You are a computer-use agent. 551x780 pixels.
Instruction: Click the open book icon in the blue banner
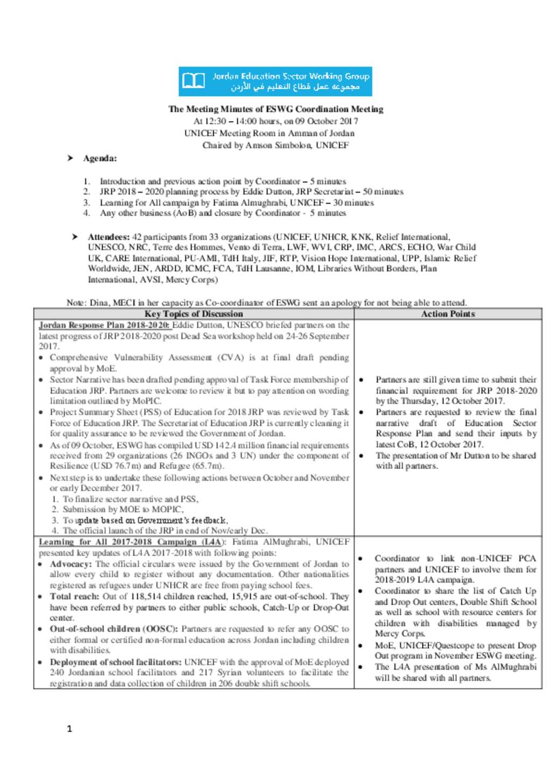pos(194,81)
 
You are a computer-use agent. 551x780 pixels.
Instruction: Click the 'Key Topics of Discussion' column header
pos(194,314)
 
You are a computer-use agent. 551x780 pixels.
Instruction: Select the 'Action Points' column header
pos(448,314)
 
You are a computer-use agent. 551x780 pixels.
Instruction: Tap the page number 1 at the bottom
pos(69,729)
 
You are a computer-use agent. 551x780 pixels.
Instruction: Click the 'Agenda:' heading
pos(100,158)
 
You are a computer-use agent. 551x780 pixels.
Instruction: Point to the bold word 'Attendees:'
pos(109,237)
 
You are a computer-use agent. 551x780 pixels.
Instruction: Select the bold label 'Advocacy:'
pos(71,564)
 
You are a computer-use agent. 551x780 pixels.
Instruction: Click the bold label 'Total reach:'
pos(74,596)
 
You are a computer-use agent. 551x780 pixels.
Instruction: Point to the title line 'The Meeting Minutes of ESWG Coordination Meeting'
pos(275,109)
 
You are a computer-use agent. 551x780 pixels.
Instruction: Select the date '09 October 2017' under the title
pos(327,121)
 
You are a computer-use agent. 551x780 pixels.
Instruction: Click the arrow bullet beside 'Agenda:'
pos(70,158)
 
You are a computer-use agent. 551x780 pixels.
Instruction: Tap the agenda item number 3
pos(87,202)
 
